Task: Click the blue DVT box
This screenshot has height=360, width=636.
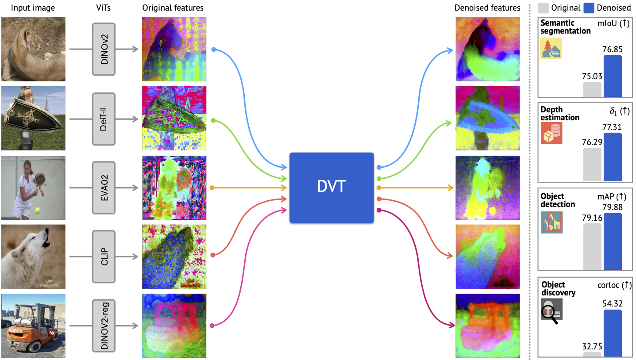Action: click(331, 188)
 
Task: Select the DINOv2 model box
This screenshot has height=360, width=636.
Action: click(104, 49)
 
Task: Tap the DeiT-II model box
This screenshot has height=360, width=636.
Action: click(104, 119)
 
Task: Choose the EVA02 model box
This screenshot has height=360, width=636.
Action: click(104, 188)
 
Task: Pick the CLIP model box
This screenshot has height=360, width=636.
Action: click(104, 257)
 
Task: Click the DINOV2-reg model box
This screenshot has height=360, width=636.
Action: click(104, 326)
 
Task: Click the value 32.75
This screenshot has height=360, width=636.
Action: click(593, 346)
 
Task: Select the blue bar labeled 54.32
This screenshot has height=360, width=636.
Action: click(613, 333)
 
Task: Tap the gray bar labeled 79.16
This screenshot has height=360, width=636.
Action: click(592, 246)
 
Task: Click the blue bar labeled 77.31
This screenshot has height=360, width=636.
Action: click(613, 157)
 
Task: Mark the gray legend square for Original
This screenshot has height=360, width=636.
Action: click(543, 8)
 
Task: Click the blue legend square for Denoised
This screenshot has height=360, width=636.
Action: click(589, 8)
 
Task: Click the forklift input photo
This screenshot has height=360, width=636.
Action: click(33, 326)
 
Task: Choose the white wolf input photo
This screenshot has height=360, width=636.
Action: click(33, 257)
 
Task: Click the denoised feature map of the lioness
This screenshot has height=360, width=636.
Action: click(488, 49)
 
